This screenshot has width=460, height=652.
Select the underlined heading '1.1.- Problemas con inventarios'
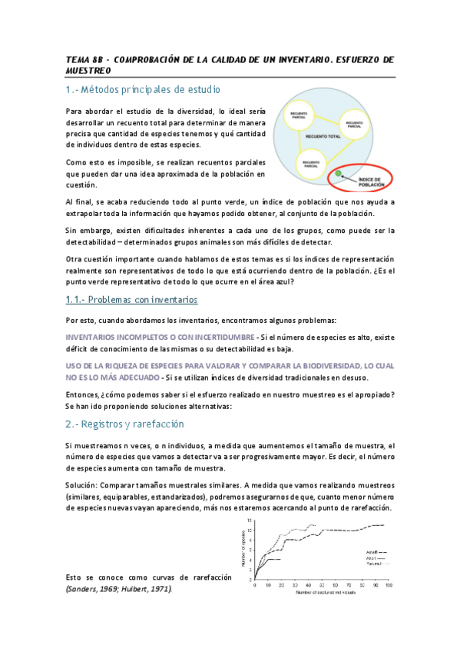pyautogui.click(x=131, y=299)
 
